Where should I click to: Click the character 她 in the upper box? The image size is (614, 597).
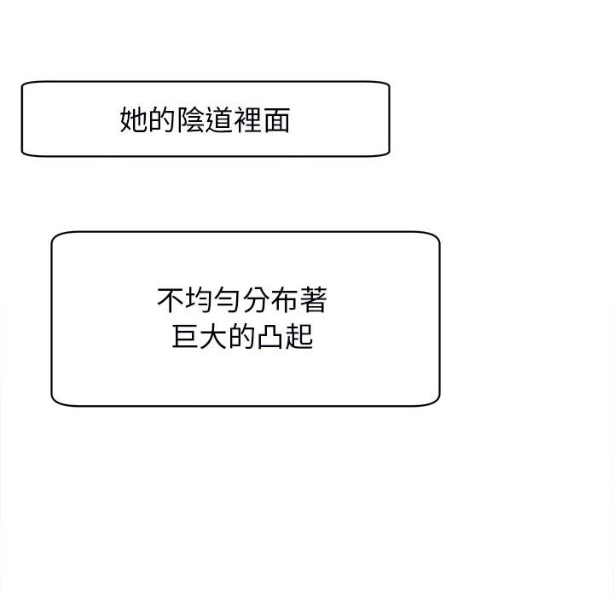pyautogui.click(x=134, y=120)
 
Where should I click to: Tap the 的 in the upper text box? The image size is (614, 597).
pyautogui.click(x=162, y=120)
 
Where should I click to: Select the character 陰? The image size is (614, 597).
pyautogui.click(x=191, y=120)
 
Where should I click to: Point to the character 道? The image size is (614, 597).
pyautogui.click(x=219, y=120)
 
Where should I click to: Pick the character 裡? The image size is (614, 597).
pyautogui.click(x=248, y=120)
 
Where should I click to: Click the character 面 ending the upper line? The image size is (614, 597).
pyautogui.click(x=276, y=120)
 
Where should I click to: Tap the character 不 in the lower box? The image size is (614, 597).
pyautogui.click(x=171, y=300)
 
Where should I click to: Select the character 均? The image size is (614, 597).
pyautogui.click(x=200, y=300)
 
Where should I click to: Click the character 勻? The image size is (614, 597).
pyautogui.click(x=229, y=300)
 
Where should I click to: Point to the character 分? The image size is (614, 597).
pyautogui.click(x=257, y=300)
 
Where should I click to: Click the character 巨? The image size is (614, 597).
pyautogui.click(x=186, y=336)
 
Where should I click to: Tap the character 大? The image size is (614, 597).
pyautogui.click(x=214, y=336)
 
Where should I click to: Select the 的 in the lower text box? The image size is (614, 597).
pyautogui.click(x=242, y=336)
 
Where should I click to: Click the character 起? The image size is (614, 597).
pyautogui.click(x=299, y=336)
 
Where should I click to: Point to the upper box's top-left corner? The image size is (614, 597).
pyautogui.click(x=24, y=84)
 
